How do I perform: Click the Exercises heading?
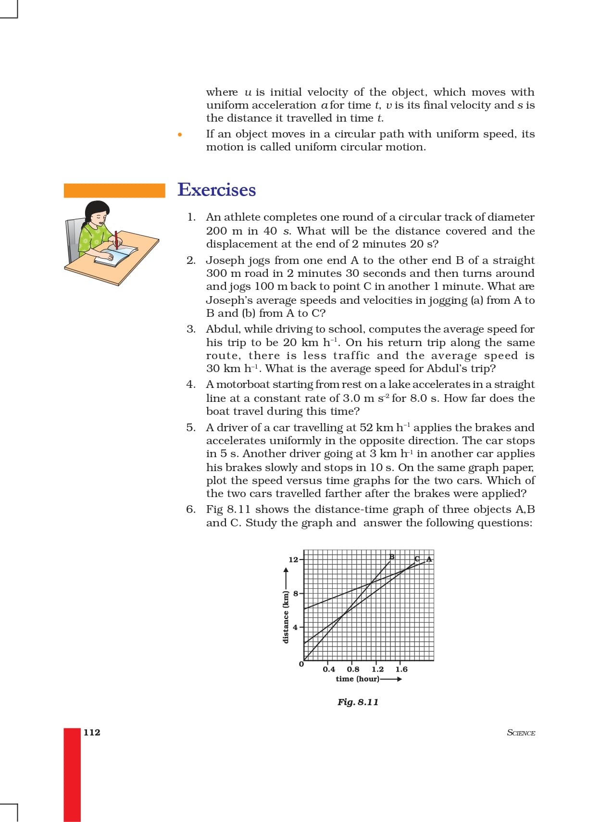point(216,190)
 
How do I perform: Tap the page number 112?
point(92,732)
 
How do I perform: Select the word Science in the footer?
point(521,733)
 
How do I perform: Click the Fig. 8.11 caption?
point(358,702)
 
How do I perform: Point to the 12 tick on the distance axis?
point(293,560)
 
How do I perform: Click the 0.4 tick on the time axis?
point(329,669)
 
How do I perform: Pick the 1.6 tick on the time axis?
point(401,669)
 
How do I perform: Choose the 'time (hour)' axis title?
point(357,679)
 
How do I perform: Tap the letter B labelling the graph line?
point(392,557)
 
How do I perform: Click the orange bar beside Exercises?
point(114,190)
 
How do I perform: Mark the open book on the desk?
point(115,255)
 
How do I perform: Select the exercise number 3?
point(191,329)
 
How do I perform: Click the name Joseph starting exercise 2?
point(225,261)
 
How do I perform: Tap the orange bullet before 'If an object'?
point(179,135)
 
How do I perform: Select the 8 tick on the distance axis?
point(295,593)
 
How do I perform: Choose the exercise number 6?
point(191,510)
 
